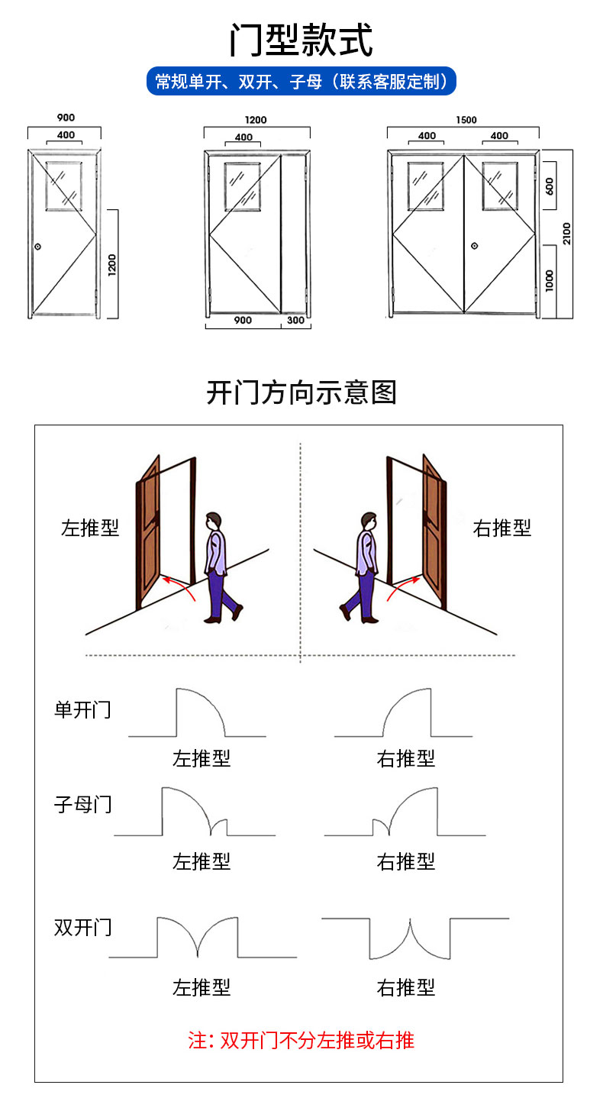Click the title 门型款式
click(x=301, y=40)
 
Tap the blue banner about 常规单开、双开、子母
click(x=301, y=81)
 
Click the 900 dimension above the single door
click(x=66, y=118)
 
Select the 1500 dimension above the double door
click(x=466, y=120)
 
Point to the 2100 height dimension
click(x=566, y=234)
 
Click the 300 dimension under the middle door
click(x=296, y=321)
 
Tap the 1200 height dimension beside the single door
click(x=111, y=264)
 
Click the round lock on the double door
click(x=474, y=246)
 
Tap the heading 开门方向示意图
click(x=301, y=392)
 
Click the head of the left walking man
click(x=214, y=521)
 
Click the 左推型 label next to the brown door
click(x=90, y=528)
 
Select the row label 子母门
click(x=82, y=803)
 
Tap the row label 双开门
click(x=82, y=927)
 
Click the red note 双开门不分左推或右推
click(x=301, y=1040)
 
